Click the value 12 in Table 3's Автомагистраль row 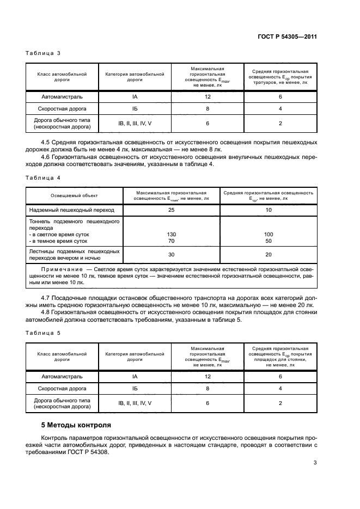pyautogui.click(x=208, y=96)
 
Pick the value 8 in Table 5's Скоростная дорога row pyautogui.click(x=208, y=389)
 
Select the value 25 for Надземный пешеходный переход pyautogui.click(x=171, y=210)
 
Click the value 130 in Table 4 pyautogui.click(x=171, y=234)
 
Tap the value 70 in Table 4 pyautogui.click(x=171, y=241)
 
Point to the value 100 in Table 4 pyautogui.click(x=269, y=234)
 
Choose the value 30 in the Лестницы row pyautogui.click(x=171, y=255)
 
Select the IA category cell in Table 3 pyautogui.click(x=135, y=96)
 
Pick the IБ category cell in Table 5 pyautogui.click(x=135, y=389)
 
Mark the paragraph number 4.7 pyautogui.click(x=47, y=298)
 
